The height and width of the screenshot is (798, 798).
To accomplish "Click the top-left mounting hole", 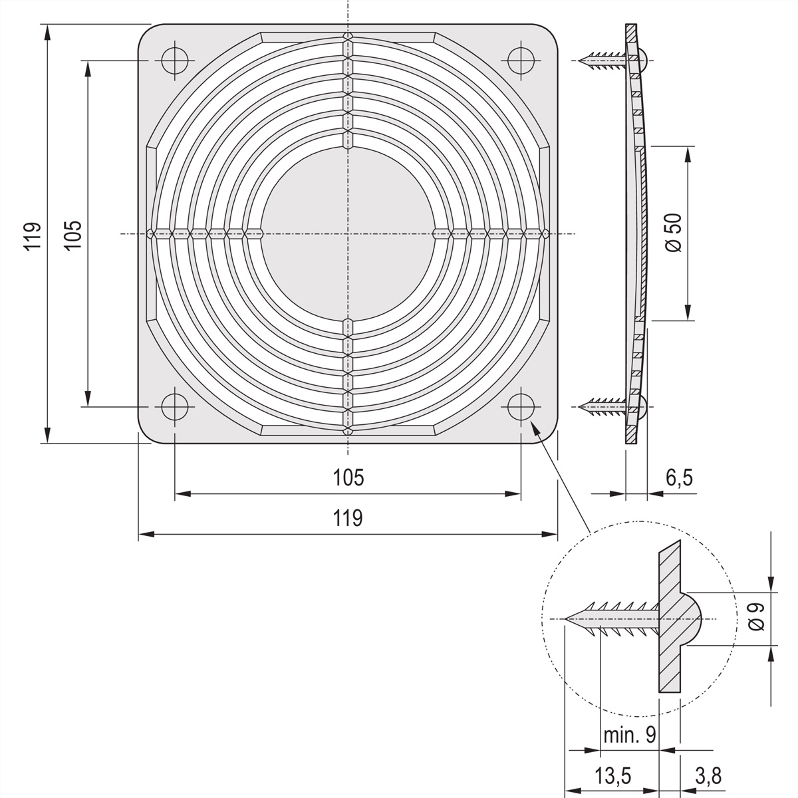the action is (x=175, y=61).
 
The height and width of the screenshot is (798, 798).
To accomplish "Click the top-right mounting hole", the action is (x=521, y=61).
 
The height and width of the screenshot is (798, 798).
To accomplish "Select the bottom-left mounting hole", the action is (x=175, y=407).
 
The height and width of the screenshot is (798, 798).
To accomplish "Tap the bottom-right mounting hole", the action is (x=521, y=407).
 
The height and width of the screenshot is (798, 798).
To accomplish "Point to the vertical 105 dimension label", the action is (x=73, y=235).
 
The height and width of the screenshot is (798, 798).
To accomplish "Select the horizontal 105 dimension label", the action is (x=348, y=477).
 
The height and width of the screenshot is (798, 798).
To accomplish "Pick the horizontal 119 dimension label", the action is (x=348, y=518).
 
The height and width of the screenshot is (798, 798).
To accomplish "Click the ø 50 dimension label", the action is (x=674, y=233).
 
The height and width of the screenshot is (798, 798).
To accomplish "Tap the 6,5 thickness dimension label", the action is (x=679, y=478).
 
